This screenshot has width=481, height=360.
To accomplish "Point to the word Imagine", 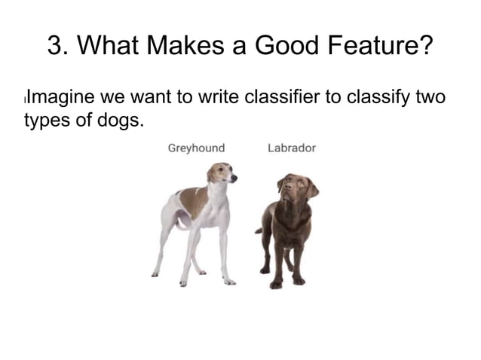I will [x=58, y=98].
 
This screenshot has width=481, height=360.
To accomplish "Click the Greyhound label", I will [x=195, y=148].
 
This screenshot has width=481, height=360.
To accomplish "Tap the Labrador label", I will [x=291, y=148].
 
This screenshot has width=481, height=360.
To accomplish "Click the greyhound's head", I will [x=222, y=174].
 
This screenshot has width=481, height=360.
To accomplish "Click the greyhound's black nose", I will [x=234, y=178].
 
